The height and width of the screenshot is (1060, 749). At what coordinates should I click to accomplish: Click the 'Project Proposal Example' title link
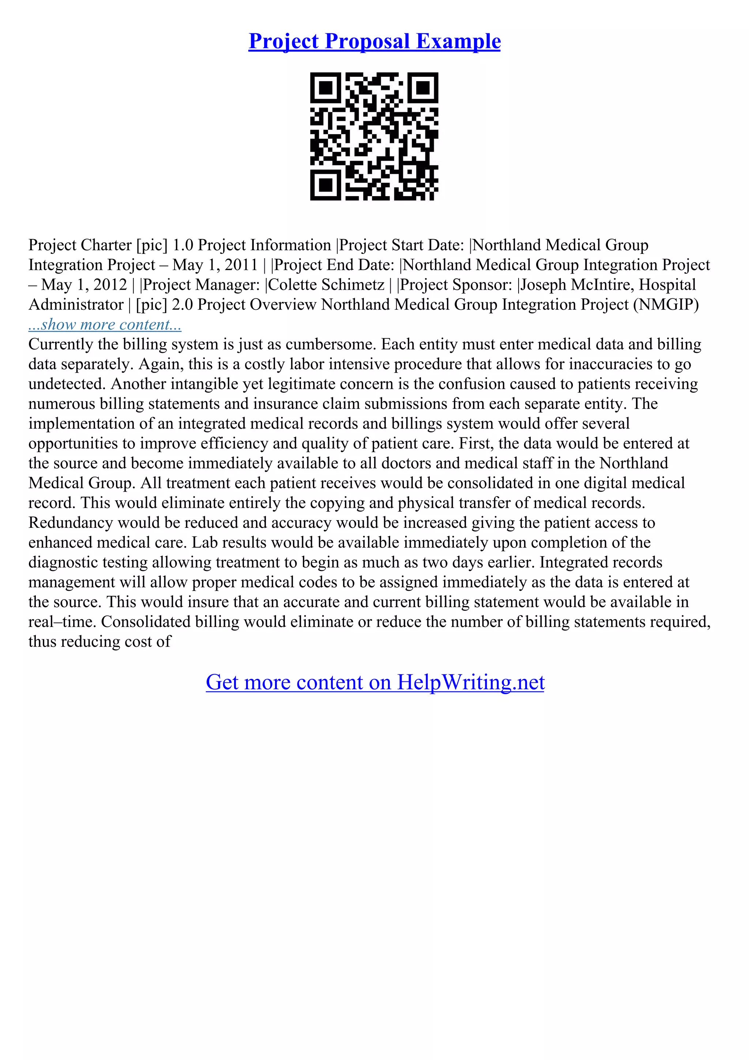tap(374, 42)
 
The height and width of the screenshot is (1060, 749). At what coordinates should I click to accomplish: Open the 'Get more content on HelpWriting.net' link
tap(375, 683)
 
